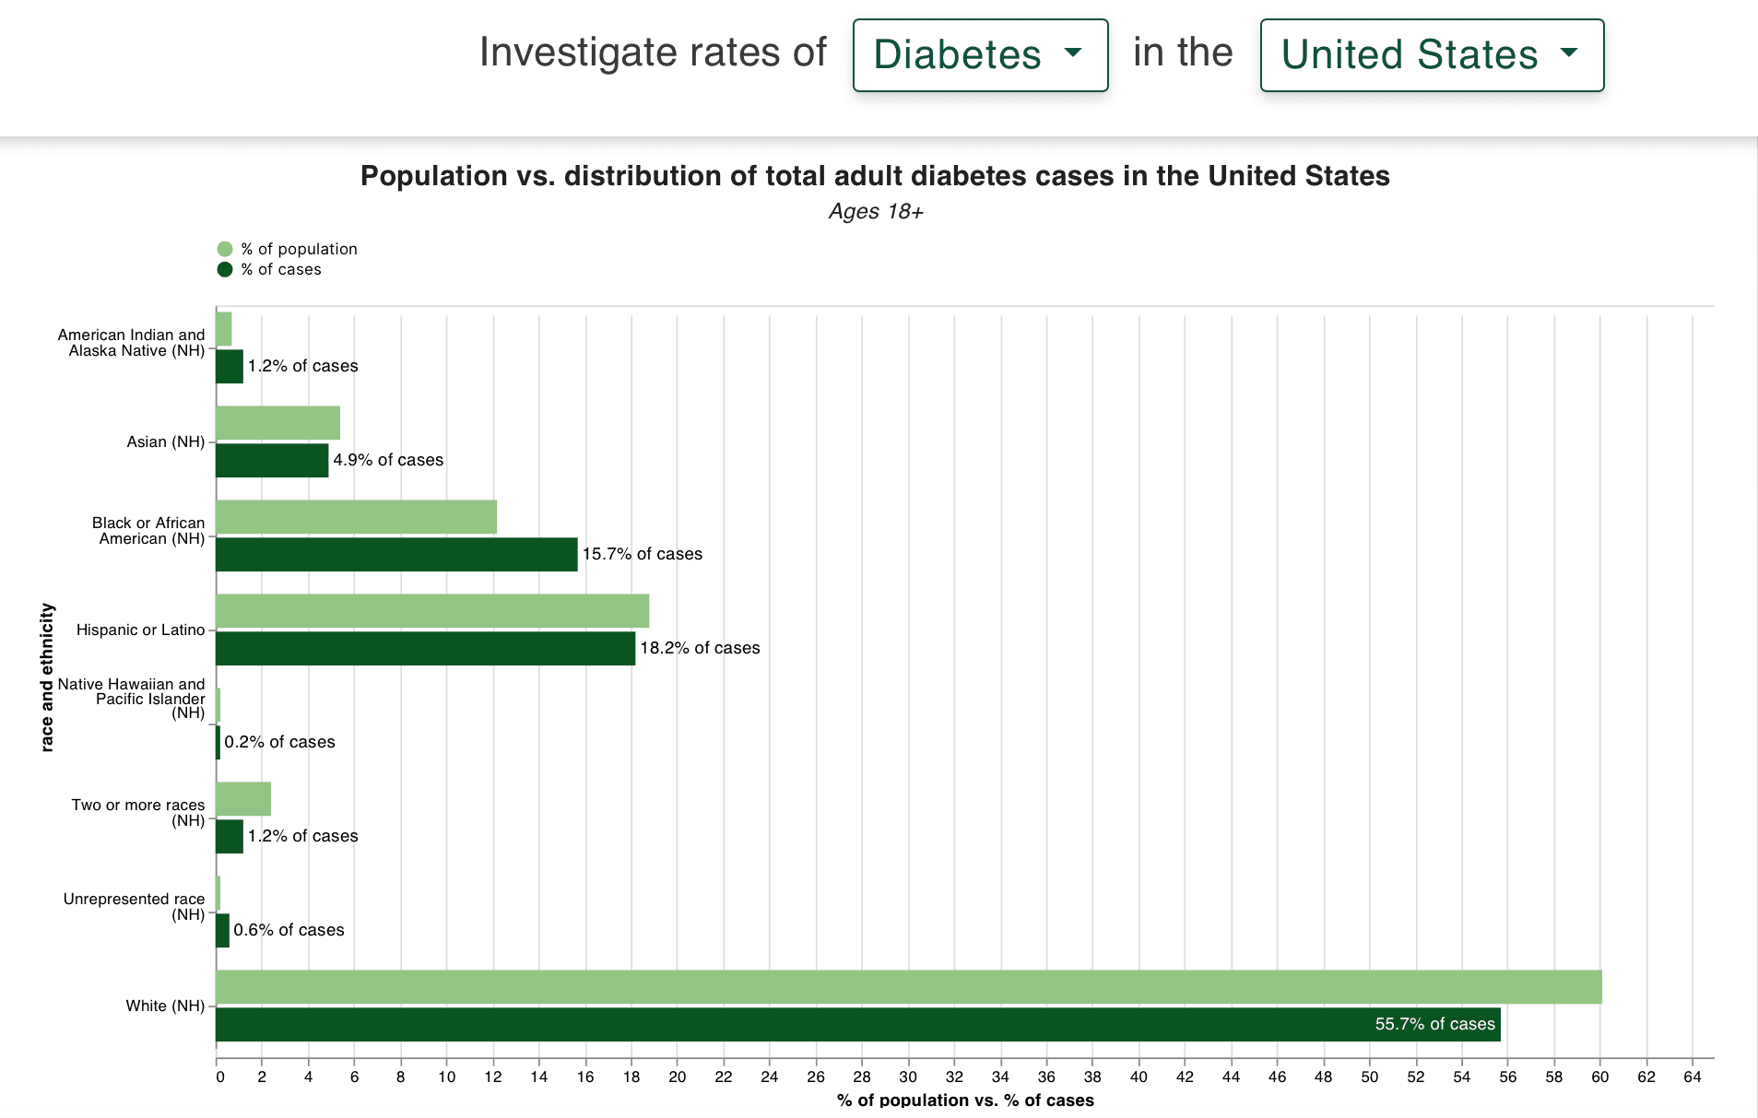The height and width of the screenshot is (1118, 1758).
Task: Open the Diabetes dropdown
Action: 979,55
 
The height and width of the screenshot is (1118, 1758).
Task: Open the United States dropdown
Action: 1431,55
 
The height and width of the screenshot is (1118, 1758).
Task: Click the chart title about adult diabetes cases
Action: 875,176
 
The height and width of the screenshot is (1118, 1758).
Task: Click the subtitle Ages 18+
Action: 875,212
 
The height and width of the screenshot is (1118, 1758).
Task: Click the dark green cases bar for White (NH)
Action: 857,1025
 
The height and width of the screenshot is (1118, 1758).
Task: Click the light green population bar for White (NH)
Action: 908,987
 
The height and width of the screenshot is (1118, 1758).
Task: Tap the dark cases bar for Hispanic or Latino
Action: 425,649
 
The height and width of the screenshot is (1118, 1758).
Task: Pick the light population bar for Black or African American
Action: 356,517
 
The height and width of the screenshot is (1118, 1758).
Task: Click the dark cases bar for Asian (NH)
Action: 272,461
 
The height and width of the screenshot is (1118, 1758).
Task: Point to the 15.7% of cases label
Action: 642,554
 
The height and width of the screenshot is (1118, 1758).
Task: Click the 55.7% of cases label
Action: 1434,1024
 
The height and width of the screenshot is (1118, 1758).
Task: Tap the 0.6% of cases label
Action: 289,930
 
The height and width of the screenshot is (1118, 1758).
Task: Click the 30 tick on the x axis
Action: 908,1077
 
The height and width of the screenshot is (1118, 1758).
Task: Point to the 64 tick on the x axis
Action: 1692,1077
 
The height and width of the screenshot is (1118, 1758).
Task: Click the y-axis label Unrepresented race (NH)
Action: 135,906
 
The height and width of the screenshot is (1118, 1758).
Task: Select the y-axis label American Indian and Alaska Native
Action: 131,343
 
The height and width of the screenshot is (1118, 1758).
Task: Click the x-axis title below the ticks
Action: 965,1100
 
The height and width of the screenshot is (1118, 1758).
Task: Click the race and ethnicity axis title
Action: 47,677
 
